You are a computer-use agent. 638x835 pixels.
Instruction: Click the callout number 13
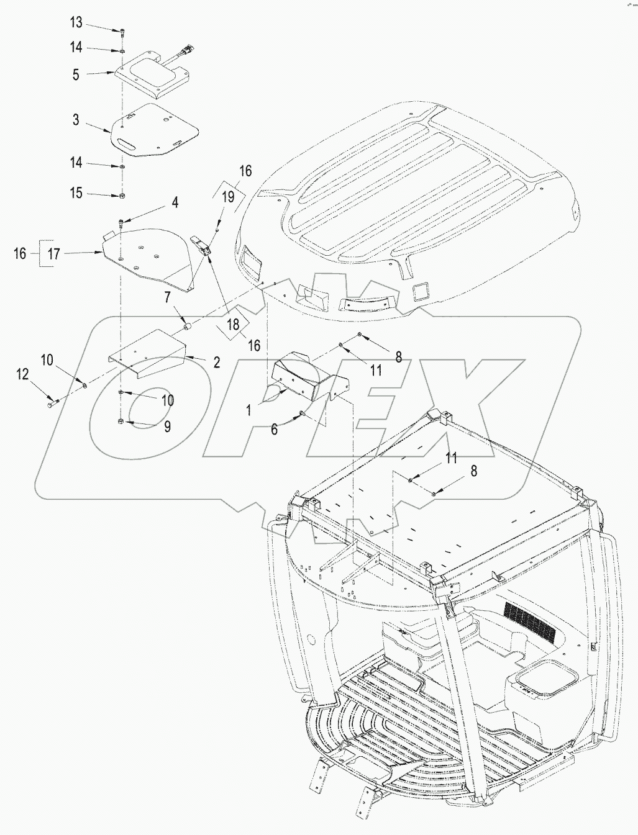(x=76, y=23)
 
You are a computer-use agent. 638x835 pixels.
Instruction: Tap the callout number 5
(x=76, y=74)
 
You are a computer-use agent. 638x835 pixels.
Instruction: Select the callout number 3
(x=76, y=120)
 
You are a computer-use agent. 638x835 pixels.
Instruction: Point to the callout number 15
(x=76, y=194)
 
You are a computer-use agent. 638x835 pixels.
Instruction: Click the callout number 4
(x=175, y=202)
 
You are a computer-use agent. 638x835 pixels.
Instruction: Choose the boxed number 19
(x=227, y=197)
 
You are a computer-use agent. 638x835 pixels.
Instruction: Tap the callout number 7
(x=166, y=299)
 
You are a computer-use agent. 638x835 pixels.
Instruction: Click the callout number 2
(x=216, y=363)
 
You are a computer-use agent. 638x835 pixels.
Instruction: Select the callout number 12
(x=22, y=373)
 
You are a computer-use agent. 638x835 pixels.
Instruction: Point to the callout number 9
(x=167, y=427)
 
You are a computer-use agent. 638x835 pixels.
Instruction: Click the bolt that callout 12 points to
(x=52, y=405)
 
